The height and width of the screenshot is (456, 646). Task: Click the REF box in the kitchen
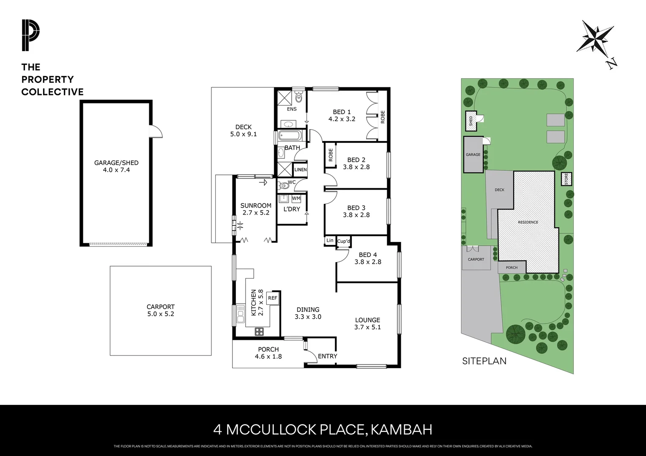click(x=273, y=298)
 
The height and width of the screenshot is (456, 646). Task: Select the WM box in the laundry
click(x=296, y=198)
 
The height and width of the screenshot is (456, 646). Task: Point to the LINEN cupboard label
click(x=301, y=170)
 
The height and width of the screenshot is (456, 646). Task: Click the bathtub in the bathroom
click(x=290, y=136)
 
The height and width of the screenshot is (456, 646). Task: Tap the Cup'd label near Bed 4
click(x=344, y=241)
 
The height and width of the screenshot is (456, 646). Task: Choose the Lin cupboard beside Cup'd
click(x=330, y=241)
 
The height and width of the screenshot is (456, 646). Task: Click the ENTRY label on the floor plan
click(x=328, y=356)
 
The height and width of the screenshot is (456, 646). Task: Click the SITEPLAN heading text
click(x=484, y=361)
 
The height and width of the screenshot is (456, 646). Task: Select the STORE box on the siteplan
click(x=566, y=179)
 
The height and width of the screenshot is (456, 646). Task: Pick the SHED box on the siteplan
click(x=471, y=120)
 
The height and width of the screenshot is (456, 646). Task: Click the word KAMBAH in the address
click(x=401, y=430)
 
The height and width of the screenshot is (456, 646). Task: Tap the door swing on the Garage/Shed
click(x=156, y=131)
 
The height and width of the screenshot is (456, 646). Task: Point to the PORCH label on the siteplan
click(x=512, y=268)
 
